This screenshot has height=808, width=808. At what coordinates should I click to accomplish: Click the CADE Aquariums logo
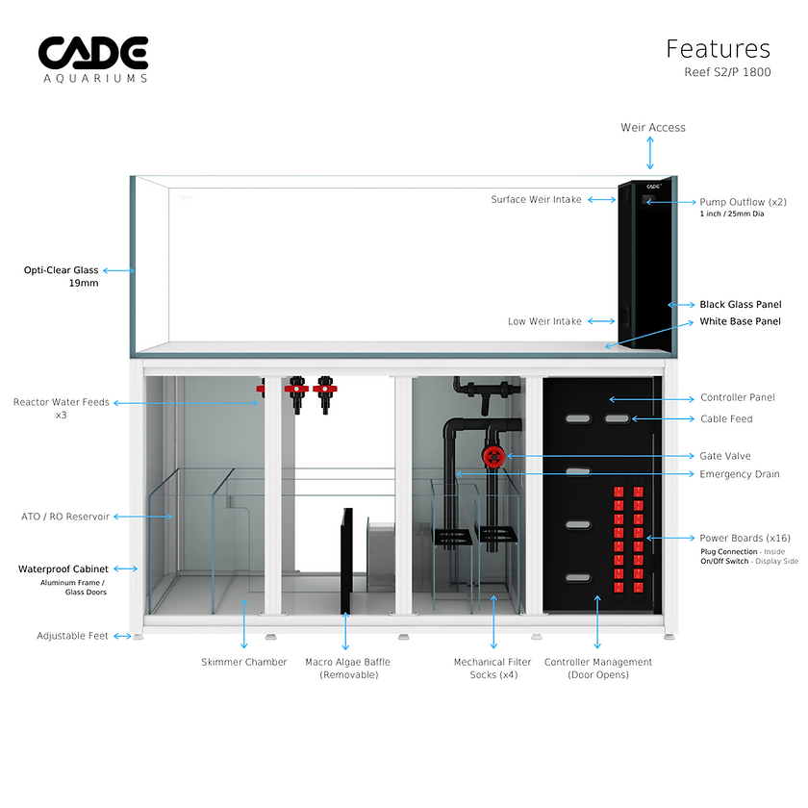(x=93, y=59)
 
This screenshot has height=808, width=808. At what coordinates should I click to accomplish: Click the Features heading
(x=718, y=49)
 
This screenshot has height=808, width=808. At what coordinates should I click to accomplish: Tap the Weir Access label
(x=653, y=127)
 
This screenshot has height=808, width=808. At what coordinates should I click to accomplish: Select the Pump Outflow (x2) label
(x=744, y=202)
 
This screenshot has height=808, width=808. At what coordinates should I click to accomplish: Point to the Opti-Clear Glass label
(x=62, y=270)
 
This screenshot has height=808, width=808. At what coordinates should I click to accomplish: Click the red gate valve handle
(x=494, y=456)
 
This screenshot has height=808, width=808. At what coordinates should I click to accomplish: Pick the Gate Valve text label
(x=725, y=456)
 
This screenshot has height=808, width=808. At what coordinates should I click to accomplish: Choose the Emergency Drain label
(x=740, y=474)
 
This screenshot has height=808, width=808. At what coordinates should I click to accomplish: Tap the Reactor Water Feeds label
(x=61, y=402)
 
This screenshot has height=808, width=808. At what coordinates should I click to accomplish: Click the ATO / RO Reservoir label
(x=65, y=517)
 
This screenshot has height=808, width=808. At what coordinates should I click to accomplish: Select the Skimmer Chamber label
(x=244, y=662)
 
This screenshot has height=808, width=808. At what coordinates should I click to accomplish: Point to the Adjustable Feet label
(x=71, y=636)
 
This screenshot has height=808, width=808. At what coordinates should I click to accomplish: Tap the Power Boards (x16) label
(x=744, y=538)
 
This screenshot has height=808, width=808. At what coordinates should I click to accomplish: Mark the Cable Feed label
(x=726, y=418)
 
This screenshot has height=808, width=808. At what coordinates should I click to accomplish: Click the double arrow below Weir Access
(x=651, y=153)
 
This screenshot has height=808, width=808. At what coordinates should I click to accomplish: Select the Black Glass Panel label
(x=740, y=304)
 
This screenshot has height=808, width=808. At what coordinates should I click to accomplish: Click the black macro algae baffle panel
(x=346, y=560)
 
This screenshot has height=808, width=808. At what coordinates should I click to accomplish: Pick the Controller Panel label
(x=738, y=397)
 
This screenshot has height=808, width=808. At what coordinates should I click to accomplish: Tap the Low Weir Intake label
(x=544, y=321)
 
